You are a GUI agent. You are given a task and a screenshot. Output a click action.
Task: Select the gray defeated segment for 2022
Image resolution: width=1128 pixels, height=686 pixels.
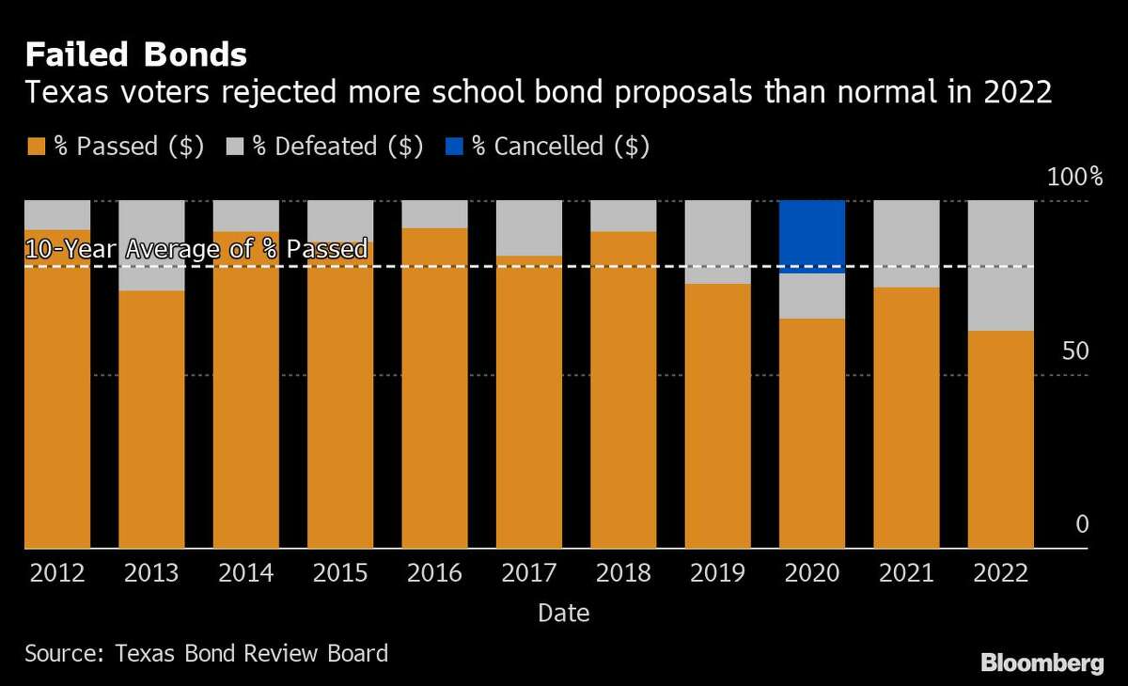(x=1001, y=265)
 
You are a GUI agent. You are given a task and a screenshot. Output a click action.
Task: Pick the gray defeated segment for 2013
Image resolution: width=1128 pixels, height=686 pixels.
(x=151, y=245)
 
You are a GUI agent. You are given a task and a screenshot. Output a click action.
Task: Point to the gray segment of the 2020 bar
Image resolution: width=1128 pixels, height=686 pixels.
(x=812, y=296)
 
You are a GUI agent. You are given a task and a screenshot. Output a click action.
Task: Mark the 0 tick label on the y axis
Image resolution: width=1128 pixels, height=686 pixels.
(x=1081, y=524)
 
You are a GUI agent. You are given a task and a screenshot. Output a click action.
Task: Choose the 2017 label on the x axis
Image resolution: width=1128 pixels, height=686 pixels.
(x=528, y=573)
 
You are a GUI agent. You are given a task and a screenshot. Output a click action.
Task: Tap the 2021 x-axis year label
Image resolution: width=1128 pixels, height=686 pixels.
(x=906, y=573)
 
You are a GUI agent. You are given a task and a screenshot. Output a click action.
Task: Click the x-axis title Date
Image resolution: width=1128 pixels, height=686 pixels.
(x=564, y=614)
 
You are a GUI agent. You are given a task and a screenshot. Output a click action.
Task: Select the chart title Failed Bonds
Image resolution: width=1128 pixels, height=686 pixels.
(x=135, y=55)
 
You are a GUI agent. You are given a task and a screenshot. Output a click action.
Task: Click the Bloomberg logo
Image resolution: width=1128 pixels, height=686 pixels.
(x=1042, y=663)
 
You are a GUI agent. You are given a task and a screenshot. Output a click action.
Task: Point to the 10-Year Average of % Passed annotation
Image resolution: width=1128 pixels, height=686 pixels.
(x=196, y=250)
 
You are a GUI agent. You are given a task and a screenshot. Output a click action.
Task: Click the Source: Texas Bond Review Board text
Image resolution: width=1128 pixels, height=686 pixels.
(x=206, y=653)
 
